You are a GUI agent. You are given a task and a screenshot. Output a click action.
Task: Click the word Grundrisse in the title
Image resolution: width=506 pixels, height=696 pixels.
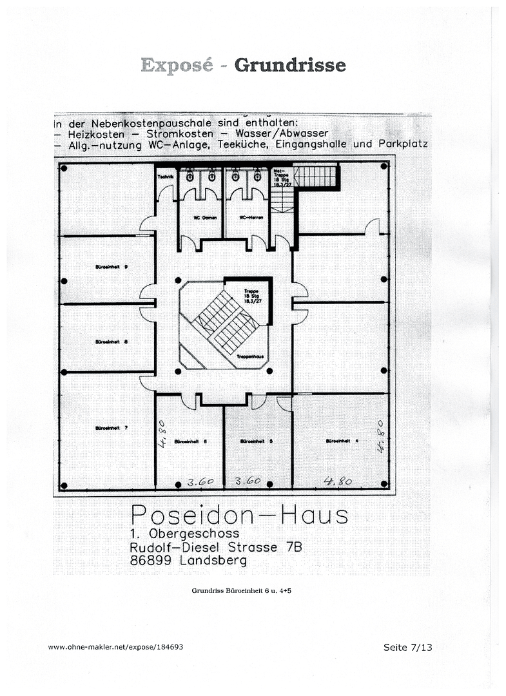point(289,65)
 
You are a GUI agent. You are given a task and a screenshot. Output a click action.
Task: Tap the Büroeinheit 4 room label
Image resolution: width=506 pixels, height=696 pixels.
point(338,441)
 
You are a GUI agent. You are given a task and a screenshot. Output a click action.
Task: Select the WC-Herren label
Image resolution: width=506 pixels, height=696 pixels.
point(248,218)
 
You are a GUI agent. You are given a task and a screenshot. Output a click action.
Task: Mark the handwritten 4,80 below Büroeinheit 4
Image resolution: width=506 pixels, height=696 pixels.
point(337,480)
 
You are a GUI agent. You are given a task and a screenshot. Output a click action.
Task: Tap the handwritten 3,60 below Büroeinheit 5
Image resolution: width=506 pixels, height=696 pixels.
point(248,481)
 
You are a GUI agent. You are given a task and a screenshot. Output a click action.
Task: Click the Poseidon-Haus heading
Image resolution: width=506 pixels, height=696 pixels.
point(239,515)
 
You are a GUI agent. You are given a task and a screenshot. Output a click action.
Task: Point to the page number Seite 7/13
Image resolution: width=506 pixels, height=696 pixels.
point(407,647)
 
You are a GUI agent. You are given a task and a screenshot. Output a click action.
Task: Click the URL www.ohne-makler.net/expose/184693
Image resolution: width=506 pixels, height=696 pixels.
point(119,646)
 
